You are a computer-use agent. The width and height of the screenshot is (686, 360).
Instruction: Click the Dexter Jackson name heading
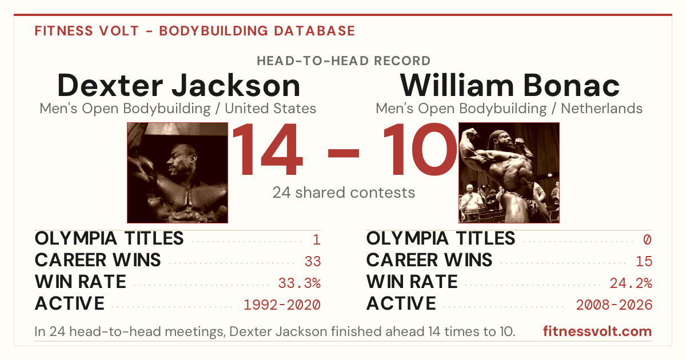click(178, 85)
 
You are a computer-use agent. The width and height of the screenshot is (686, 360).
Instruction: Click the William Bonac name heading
click(509, 85)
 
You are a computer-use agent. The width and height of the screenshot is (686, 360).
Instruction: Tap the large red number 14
click(268, 149)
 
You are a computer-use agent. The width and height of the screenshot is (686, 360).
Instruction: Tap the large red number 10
click(420, 149)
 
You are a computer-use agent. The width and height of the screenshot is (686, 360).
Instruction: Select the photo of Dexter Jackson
click(177, 173)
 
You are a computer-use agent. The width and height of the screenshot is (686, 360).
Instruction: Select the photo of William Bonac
click(509, 173)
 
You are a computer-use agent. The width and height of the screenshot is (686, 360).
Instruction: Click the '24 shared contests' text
click(344, 193)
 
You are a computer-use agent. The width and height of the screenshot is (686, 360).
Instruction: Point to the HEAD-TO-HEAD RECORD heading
click(344, 61)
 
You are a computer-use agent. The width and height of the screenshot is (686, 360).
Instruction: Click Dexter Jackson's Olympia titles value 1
click(317, 239)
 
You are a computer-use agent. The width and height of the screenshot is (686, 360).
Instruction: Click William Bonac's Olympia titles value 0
click(647, 239)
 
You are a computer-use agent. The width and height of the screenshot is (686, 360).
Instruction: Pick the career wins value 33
click(313, 262)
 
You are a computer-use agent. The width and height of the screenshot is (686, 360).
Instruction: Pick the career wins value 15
click(644, 262)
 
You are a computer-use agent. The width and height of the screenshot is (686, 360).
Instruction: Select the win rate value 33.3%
click(300, 283)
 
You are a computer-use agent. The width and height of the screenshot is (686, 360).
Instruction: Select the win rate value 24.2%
click(631, 283)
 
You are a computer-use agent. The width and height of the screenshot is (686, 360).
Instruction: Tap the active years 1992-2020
click(282, 305)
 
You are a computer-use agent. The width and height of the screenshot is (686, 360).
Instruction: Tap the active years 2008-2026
click(614, 305)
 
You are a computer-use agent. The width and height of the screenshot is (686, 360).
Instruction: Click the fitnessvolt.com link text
click(597, 331)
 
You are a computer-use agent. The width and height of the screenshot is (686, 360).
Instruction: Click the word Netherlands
click(601, 109)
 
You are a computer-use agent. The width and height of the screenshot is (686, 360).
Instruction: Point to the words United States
click(270, 109)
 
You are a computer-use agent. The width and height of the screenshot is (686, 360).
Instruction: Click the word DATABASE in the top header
click(314, 31)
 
